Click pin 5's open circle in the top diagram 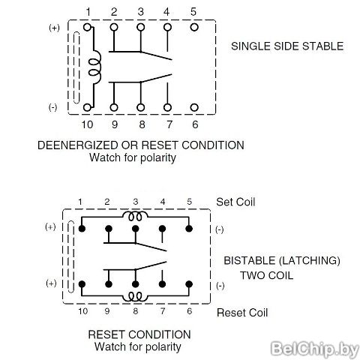coord(194,27)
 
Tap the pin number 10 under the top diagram coord(87,124)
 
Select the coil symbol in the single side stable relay coord(95,67)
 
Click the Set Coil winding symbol coord(135,216)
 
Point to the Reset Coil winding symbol coord(135,296)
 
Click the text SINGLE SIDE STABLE coord(287,46)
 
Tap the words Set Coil coord(235,202)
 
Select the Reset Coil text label coord(242,313)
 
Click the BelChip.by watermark coord(315,348)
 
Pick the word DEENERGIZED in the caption coord(77,145)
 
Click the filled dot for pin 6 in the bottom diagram coord(189,284)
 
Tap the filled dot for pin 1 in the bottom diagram coord(82,229)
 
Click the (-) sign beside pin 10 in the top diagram coord(52,107)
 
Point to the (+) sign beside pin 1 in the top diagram coord(54,28)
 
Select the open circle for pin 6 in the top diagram coord(194,107)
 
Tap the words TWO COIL coord(266,275)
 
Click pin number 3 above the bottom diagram coord(136,202)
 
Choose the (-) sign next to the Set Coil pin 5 coord(220,229)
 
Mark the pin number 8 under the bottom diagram coord(136,311)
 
